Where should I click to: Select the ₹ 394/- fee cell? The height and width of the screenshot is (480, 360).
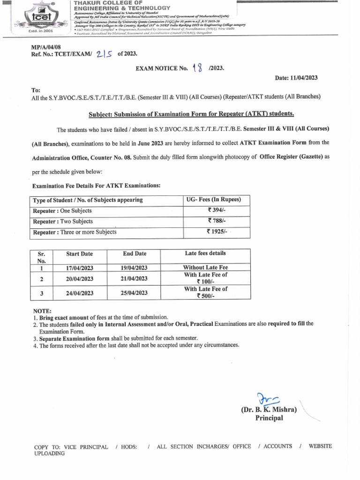click(x=217, y=210)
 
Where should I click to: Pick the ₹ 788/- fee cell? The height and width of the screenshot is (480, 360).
click(x=217, y=221)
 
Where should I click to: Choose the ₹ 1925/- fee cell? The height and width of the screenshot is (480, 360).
click(x=217, y=232)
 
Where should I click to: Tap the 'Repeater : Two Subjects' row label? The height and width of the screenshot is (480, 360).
click(x=63, y=221)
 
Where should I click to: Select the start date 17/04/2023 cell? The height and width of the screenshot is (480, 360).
click(x=79, y=268)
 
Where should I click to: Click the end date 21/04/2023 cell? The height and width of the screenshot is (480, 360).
click(x=135, y=278)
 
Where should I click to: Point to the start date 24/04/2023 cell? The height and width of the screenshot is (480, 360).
click(x=79, y=293)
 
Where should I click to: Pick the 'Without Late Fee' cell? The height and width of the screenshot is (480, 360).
click(x=205, y=268)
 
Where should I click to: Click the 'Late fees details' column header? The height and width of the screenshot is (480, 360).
click(x=205, y=254)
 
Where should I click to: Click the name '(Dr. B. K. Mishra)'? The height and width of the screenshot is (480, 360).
click(x=269, y=409)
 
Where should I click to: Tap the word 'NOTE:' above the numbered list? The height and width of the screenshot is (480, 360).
click(x=42, y=311)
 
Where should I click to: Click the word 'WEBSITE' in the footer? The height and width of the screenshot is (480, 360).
click(x=320, y=446)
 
